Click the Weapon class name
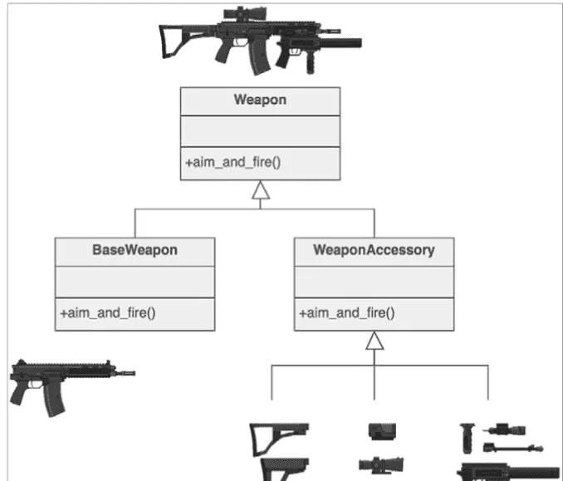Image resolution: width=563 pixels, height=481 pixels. (x=260, y=101)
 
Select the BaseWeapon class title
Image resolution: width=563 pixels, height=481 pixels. (x=135, y=250)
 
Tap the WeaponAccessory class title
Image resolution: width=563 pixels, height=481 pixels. (x=374, y=250)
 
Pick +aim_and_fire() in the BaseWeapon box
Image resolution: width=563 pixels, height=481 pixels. (x=108, y=313)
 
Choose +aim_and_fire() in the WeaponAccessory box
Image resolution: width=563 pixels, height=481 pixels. (x=346, y=313)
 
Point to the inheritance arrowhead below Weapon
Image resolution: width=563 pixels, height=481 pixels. (x=261, y=193)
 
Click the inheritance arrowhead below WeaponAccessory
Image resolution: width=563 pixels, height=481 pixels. (x=375, y=341)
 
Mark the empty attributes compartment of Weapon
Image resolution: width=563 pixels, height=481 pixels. (x=260, y=131)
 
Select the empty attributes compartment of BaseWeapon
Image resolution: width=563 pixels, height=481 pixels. (x=135, y=282)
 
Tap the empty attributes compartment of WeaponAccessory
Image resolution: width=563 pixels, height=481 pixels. (x=374, y=282)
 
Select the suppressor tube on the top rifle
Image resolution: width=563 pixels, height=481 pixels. (x=340, y=42)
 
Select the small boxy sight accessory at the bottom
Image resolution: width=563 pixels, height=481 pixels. (x=382, y=430)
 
